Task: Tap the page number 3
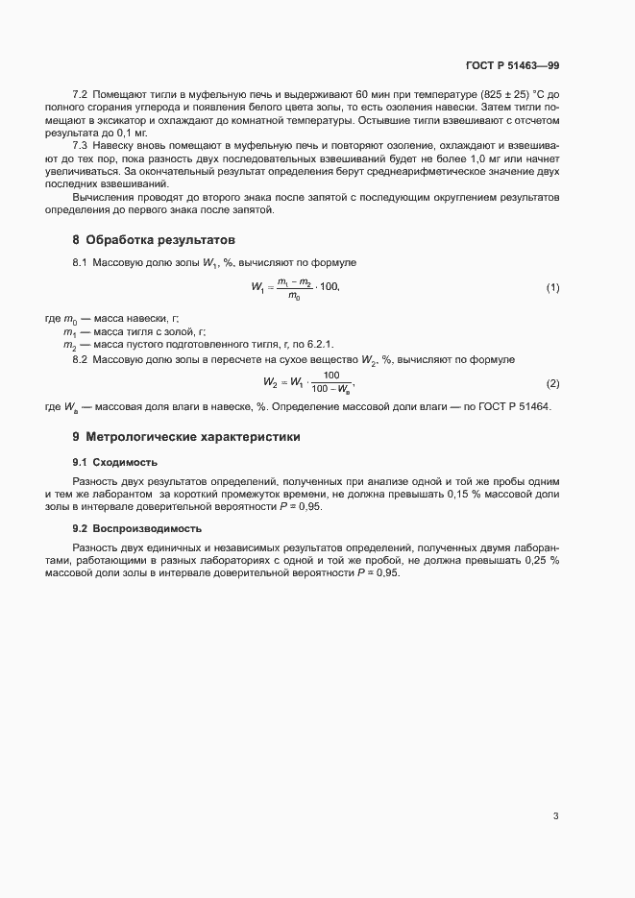[555, 816]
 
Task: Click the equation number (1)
[552, 288]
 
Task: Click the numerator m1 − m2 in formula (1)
[292, 280]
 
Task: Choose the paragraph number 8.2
[80, 359]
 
